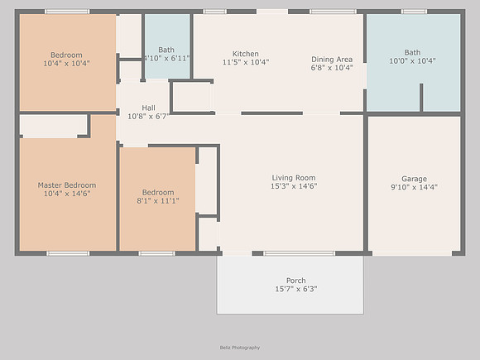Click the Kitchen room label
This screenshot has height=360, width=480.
246,54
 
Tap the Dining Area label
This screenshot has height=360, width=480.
332,60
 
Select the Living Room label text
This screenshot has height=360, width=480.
294,178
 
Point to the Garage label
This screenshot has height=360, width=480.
414,179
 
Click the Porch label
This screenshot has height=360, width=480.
296,281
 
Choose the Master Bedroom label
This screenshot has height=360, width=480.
67,185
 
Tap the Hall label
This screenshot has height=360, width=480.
148,108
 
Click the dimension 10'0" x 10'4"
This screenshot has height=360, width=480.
412,61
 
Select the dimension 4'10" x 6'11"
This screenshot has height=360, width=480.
167,58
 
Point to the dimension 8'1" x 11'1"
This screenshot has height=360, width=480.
158,201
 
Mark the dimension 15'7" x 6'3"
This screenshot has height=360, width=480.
296,289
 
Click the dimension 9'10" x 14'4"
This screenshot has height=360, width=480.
414,187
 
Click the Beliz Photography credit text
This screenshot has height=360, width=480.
240,348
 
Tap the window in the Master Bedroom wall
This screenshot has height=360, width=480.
68,253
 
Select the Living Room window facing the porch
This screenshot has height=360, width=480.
299,253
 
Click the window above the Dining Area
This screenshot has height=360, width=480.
333,12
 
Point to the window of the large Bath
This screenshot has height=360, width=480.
414,12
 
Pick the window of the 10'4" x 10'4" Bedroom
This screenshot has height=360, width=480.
67,12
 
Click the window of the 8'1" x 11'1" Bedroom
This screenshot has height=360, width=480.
156,253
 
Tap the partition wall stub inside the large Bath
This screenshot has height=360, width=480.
421,98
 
